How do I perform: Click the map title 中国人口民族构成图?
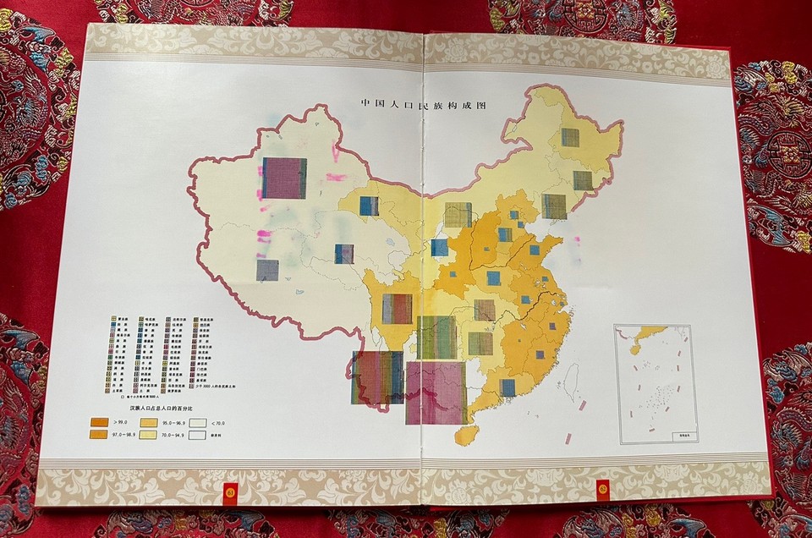(x=426, y=104)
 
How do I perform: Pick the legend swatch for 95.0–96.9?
(x=149, y=420)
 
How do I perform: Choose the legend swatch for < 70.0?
(x=198, y=420)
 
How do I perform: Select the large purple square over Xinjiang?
(x=284, y=178)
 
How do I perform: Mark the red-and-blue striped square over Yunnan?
(x=377, y=377)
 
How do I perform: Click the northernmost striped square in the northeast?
(x=570, y=137)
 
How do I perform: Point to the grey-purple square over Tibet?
(x=267, y=270)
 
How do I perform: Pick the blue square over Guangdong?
(x=507, y=387)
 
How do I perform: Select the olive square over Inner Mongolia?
(x=458, y=214)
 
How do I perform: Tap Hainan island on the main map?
(x=462, y=435)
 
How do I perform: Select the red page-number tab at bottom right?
(x=603, y=489)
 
